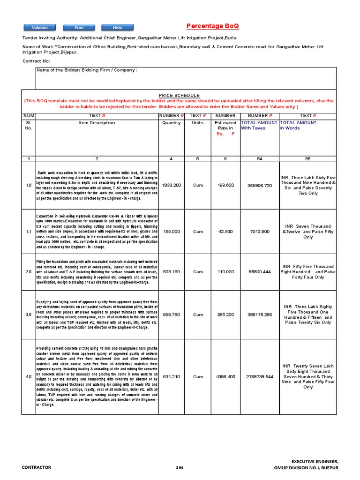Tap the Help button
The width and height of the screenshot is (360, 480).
pos(117,28)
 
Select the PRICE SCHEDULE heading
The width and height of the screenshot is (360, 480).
pos(179,95)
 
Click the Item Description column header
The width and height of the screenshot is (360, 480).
pos(97,123)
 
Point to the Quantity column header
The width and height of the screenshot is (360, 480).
pos(171,123)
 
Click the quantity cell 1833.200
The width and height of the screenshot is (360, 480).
pos(171,185)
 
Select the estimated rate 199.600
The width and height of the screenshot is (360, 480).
pos(225,185)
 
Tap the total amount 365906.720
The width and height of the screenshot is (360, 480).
pos(259,185)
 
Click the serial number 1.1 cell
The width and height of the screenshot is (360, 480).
pos(29,232)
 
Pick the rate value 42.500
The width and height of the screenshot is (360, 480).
pos(225,232)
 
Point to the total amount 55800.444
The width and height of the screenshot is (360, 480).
pos(259,272)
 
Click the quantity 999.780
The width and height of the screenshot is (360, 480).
pos(171,315)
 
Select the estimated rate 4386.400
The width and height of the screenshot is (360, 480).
pos(225,376)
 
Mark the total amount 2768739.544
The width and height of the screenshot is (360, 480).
pos(259,376)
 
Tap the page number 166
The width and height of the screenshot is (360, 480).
pos(180,467)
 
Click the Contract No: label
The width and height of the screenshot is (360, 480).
pos(36,61)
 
